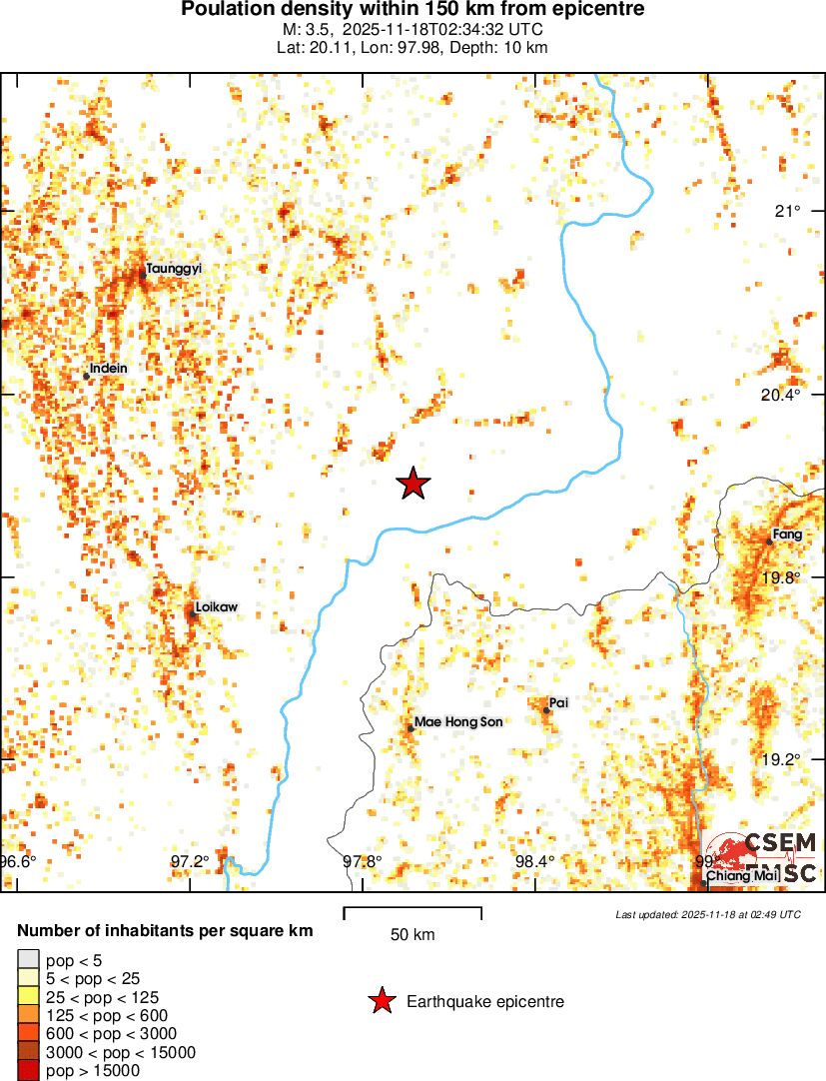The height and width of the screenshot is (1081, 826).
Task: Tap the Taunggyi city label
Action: click(174, 269)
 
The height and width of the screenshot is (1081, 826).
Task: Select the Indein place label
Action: click(108, 369)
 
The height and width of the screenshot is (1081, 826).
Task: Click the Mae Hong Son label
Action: click(458, 722)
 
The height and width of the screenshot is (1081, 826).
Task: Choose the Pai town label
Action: click(558, 703)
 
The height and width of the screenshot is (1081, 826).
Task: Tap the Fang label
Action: click(787, 535)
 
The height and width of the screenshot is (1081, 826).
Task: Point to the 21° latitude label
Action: click(789, 211)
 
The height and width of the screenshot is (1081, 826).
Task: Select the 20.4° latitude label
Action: click(781, 395)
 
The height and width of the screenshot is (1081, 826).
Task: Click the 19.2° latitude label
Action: click(781, 759)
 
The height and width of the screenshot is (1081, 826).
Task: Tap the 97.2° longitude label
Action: click(190, 862)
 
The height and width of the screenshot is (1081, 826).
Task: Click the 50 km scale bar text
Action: click(412, 935)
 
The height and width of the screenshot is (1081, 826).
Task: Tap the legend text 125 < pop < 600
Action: click(107, 1015)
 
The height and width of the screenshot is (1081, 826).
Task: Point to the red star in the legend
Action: click(381, 1000)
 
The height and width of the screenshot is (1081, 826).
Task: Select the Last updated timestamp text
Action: click(707, 914)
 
